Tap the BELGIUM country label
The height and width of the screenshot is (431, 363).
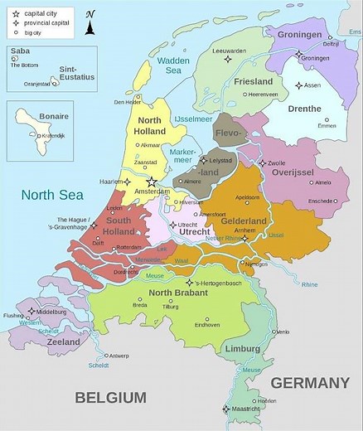[x=110, y=397]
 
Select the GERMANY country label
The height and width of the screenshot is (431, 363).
[x=309, y=383]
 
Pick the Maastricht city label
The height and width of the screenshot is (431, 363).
[x=246, y=409]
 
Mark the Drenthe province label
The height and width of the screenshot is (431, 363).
[x=304, y=109]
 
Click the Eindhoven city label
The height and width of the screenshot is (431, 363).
[x=206, y=325]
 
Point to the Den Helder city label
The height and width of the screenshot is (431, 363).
[x=129, y=102]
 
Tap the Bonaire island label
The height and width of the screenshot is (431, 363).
[x=53, y=116]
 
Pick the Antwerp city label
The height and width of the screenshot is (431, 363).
[x=119, y=356]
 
